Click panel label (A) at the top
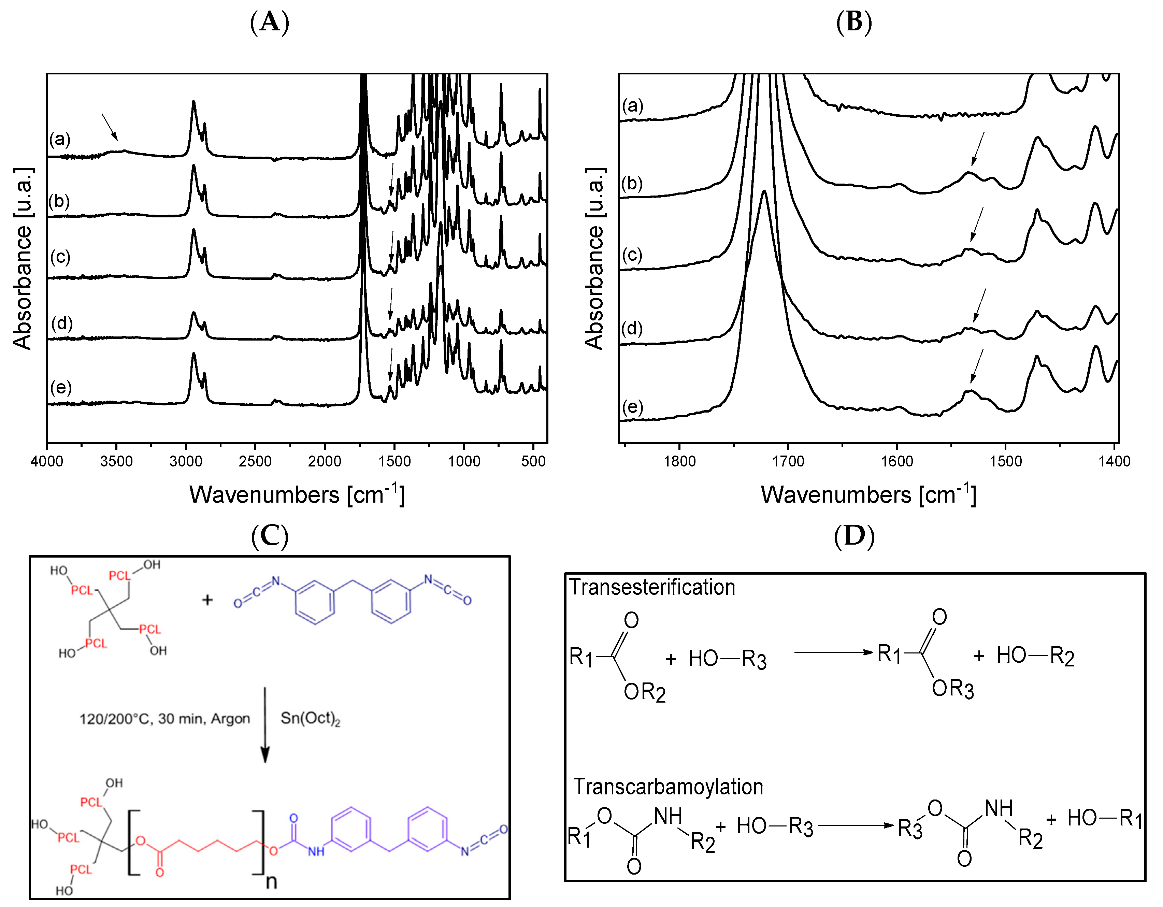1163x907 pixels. [270, 23]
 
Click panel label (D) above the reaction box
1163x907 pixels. [854, 535]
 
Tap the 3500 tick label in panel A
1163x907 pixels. [116, 461]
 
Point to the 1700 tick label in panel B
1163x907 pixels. [788, 461]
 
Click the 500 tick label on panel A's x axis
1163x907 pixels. [533, 461]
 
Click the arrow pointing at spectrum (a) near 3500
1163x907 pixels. [110, 127]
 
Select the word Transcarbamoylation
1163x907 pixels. [668, 787]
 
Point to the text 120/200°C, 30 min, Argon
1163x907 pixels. [164, 719]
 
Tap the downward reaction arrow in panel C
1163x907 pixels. [265, 724]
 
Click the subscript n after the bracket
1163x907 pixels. [272, 881]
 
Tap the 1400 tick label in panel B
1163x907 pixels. [1114, 461]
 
